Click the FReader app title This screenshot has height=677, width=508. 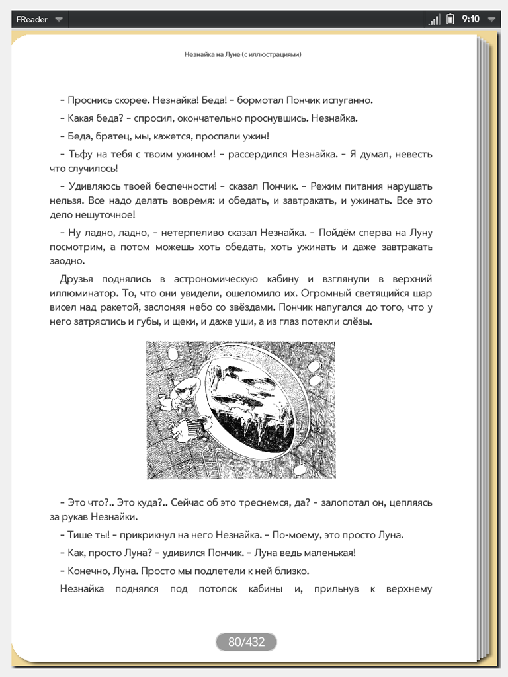coord(32,19)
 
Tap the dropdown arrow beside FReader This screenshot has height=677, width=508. coord(59,20)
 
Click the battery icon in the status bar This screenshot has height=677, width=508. coord(450,19)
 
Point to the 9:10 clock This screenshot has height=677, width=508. coord(471,19)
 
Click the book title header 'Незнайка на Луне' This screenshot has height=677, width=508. coord(243,55)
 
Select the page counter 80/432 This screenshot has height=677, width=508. coord(246,641)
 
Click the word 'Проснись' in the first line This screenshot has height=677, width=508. coord(89,100)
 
